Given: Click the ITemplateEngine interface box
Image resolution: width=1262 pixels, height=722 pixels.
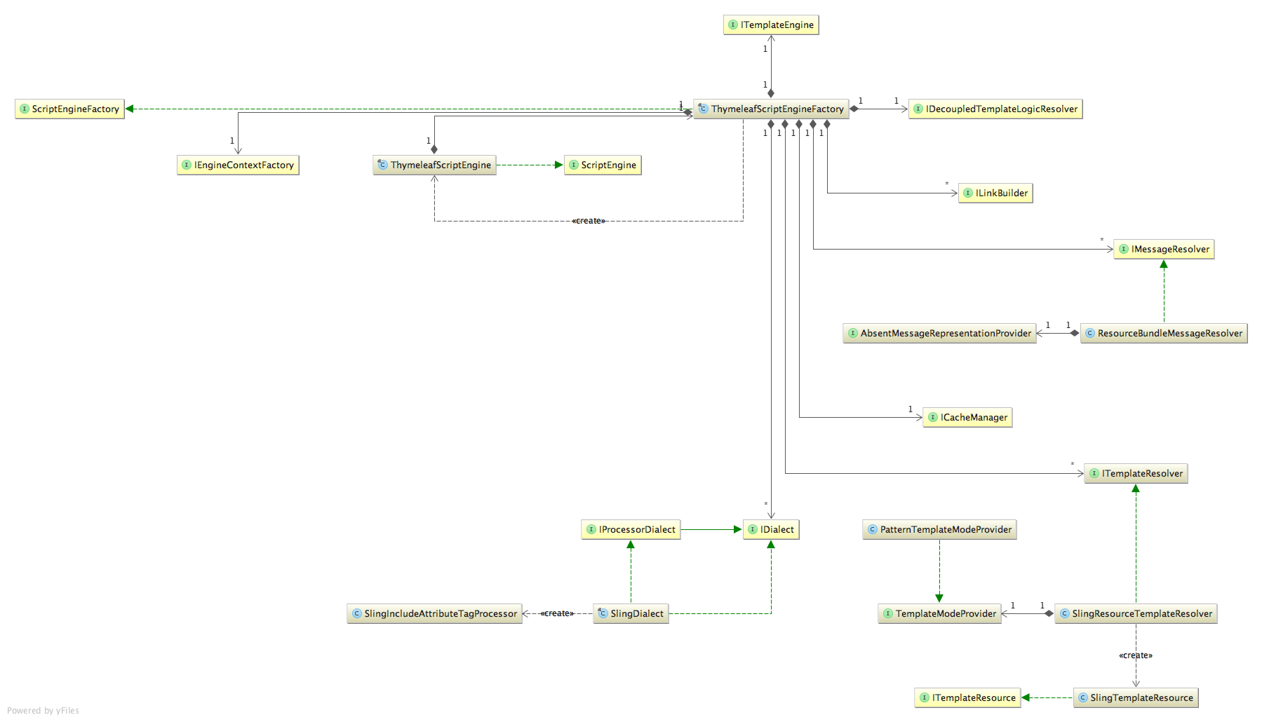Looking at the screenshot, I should [771, 25].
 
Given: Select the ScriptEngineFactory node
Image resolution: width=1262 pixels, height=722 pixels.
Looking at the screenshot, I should [69, 109].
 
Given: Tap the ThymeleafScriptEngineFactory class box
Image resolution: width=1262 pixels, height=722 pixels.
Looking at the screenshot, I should [771, 109].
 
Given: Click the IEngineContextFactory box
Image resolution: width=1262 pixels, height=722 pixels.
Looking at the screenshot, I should [238, 165].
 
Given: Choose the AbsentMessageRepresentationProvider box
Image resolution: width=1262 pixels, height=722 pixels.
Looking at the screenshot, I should [939, 334].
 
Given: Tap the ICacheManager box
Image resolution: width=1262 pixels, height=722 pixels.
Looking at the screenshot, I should [967, 418].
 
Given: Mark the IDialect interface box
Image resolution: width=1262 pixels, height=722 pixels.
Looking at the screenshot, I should [771, 530].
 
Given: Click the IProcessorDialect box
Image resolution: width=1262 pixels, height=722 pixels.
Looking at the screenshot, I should [631, 530].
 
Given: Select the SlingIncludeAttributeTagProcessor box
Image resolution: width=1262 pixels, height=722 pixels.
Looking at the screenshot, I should [434, 614].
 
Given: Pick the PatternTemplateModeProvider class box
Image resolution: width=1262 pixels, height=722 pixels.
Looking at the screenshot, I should [939, 530].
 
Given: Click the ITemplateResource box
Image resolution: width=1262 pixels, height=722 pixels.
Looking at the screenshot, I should [967, 698].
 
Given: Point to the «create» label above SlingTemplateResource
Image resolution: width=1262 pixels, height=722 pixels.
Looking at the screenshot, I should [1135, 655].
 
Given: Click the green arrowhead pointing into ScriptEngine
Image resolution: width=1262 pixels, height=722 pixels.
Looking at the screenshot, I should [559, 165].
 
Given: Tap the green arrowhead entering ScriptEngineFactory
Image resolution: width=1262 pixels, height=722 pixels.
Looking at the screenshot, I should [130, 109].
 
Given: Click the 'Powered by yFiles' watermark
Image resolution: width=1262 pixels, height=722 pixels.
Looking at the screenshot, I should [43, 711].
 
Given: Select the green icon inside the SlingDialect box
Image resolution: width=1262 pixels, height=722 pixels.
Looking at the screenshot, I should [603, 613].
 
